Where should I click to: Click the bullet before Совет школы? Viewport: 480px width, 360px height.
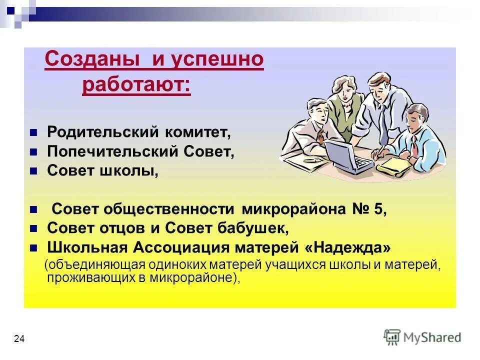click(33, 171)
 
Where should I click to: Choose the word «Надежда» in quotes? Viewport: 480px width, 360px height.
click(347, 247)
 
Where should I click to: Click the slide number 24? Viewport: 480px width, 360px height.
click(19, 339)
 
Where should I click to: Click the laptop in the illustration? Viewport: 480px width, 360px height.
click(347, 156)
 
